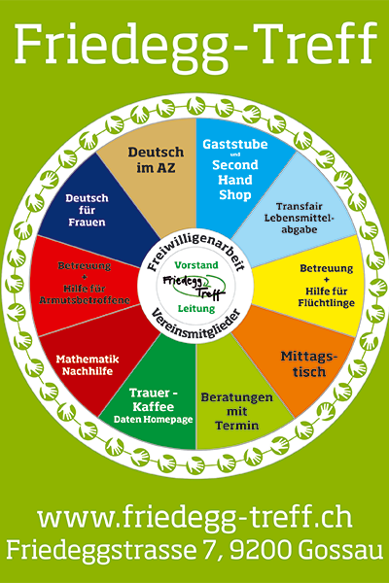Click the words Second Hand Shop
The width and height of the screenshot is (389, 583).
coord(235,180)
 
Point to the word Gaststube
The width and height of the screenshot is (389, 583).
coord(235,144)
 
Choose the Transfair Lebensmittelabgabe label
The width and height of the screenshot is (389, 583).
coord(300,218)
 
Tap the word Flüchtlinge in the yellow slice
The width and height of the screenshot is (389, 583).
coord(326,302)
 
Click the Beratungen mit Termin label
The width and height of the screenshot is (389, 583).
coord(236,411)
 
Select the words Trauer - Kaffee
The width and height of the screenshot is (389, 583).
coord(154,399)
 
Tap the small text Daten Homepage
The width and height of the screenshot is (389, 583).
coord(153,420)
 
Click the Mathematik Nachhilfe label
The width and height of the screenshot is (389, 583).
coord(88,365)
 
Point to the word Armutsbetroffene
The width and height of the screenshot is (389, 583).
coord(85,300)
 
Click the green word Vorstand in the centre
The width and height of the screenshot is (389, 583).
coord(196,265)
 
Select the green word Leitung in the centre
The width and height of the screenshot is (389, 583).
coord(196,309)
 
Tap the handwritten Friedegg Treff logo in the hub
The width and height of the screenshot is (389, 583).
coord(194,287)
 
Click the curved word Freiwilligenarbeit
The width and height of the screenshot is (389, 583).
coord(196,248)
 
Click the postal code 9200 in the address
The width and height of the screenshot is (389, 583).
coord(261,550)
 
